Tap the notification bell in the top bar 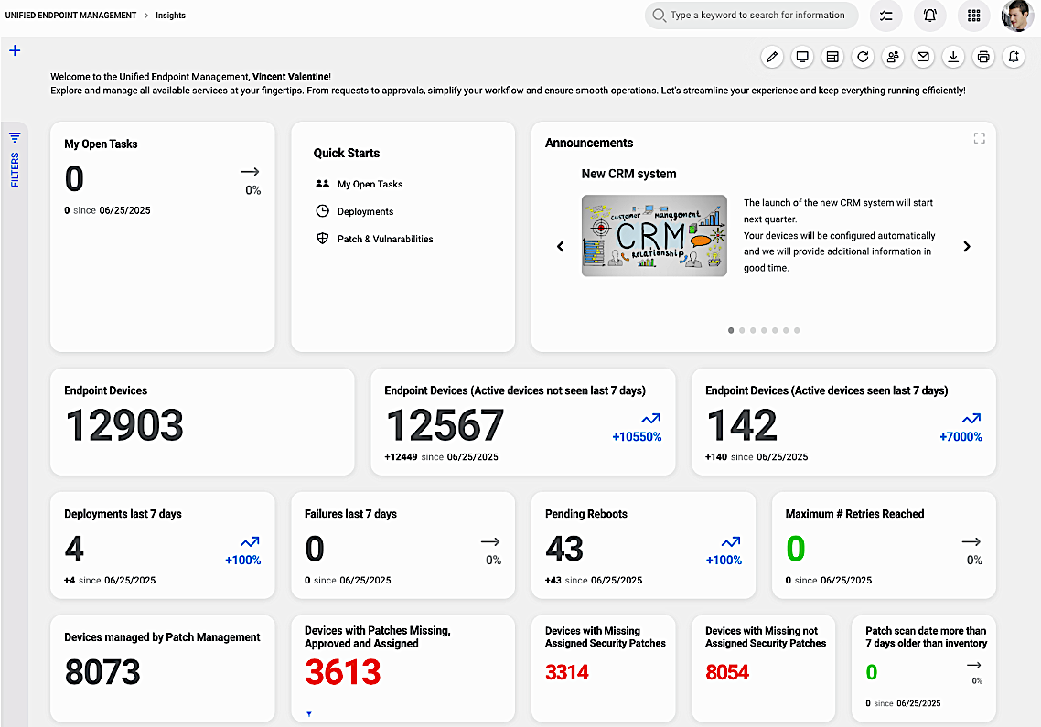(929, 16)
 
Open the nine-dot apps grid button (973, 16)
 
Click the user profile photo (1017, 16)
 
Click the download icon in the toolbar (953, 57)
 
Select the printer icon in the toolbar (983, 57)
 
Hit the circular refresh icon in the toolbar (863, 57)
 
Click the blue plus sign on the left (15, 50)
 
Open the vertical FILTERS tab (15, 160)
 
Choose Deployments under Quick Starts (365, 211)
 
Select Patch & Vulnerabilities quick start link (384, 239)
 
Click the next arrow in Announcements (967, 246)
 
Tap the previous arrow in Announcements (561, 246)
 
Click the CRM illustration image (654, 235)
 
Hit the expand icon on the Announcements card (979, 138)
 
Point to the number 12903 (124, 426)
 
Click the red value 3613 (342, 673)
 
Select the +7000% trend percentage (961, 437)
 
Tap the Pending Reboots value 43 (564, 549)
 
